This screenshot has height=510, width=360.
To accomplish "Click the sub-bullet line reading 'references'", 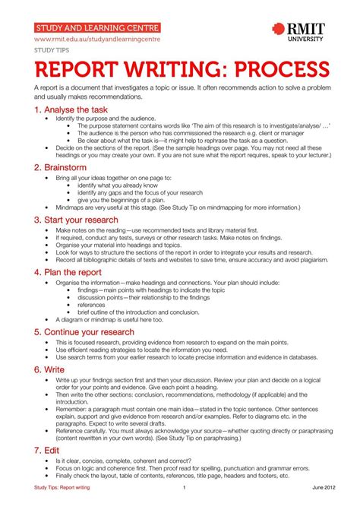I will pyautogui.click(x=92, y=305).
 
